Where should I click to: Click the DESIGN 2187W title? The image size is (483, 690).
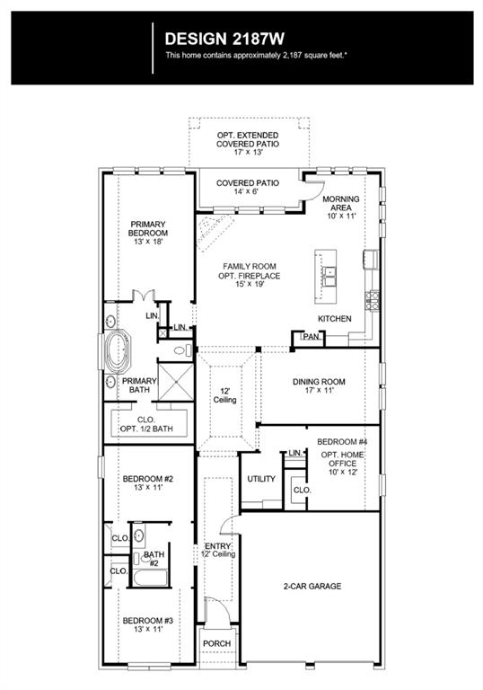(x=224, y=39)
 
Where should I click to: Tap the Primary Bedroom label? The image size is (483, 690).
(x=148, y=233)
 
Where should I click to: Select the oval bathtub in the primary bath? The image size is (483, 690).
(x=118, y=351)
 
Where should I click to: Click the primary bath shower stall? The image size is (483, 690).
(x=176, y=382)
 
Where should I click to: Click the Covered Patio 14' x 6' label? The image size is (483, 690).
(x=247, y=187)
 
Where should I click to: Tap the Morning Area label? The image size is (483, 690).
(x=341, y=208)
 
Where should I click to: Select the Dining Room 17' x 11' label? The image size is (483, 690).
(x=319, y=386)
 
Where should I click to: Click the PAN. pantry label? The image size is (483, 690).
(x=312, y=337)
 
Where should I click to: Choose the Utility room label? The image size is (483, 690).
(x=261, y=479)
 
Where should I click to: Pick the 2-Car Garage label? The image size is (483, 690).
(x=312, y=586)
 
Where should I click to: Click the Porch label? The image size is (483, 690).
(x=216, y=643)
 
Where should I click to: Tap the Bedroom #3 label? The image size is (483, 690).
(x=148, y=625)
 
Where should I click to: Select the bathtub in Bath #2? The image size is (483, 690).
(x=151, y=578)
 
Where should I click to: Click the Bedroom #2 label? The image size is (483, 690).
(x=148, y=482)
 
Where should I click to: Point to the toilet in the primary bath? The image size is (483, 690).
(x=182, y=350)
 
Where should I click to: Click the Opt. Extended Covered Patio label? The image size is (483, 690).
(x=248, y=144)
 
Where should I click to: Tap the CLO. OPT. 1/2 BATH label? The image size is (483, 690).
(x=146, y=424)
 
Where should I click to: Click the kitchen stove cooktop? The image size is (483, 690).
(x=373, y=301)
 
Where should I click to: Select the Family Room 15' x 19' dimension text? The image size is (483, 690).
(x=250, y=284)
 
